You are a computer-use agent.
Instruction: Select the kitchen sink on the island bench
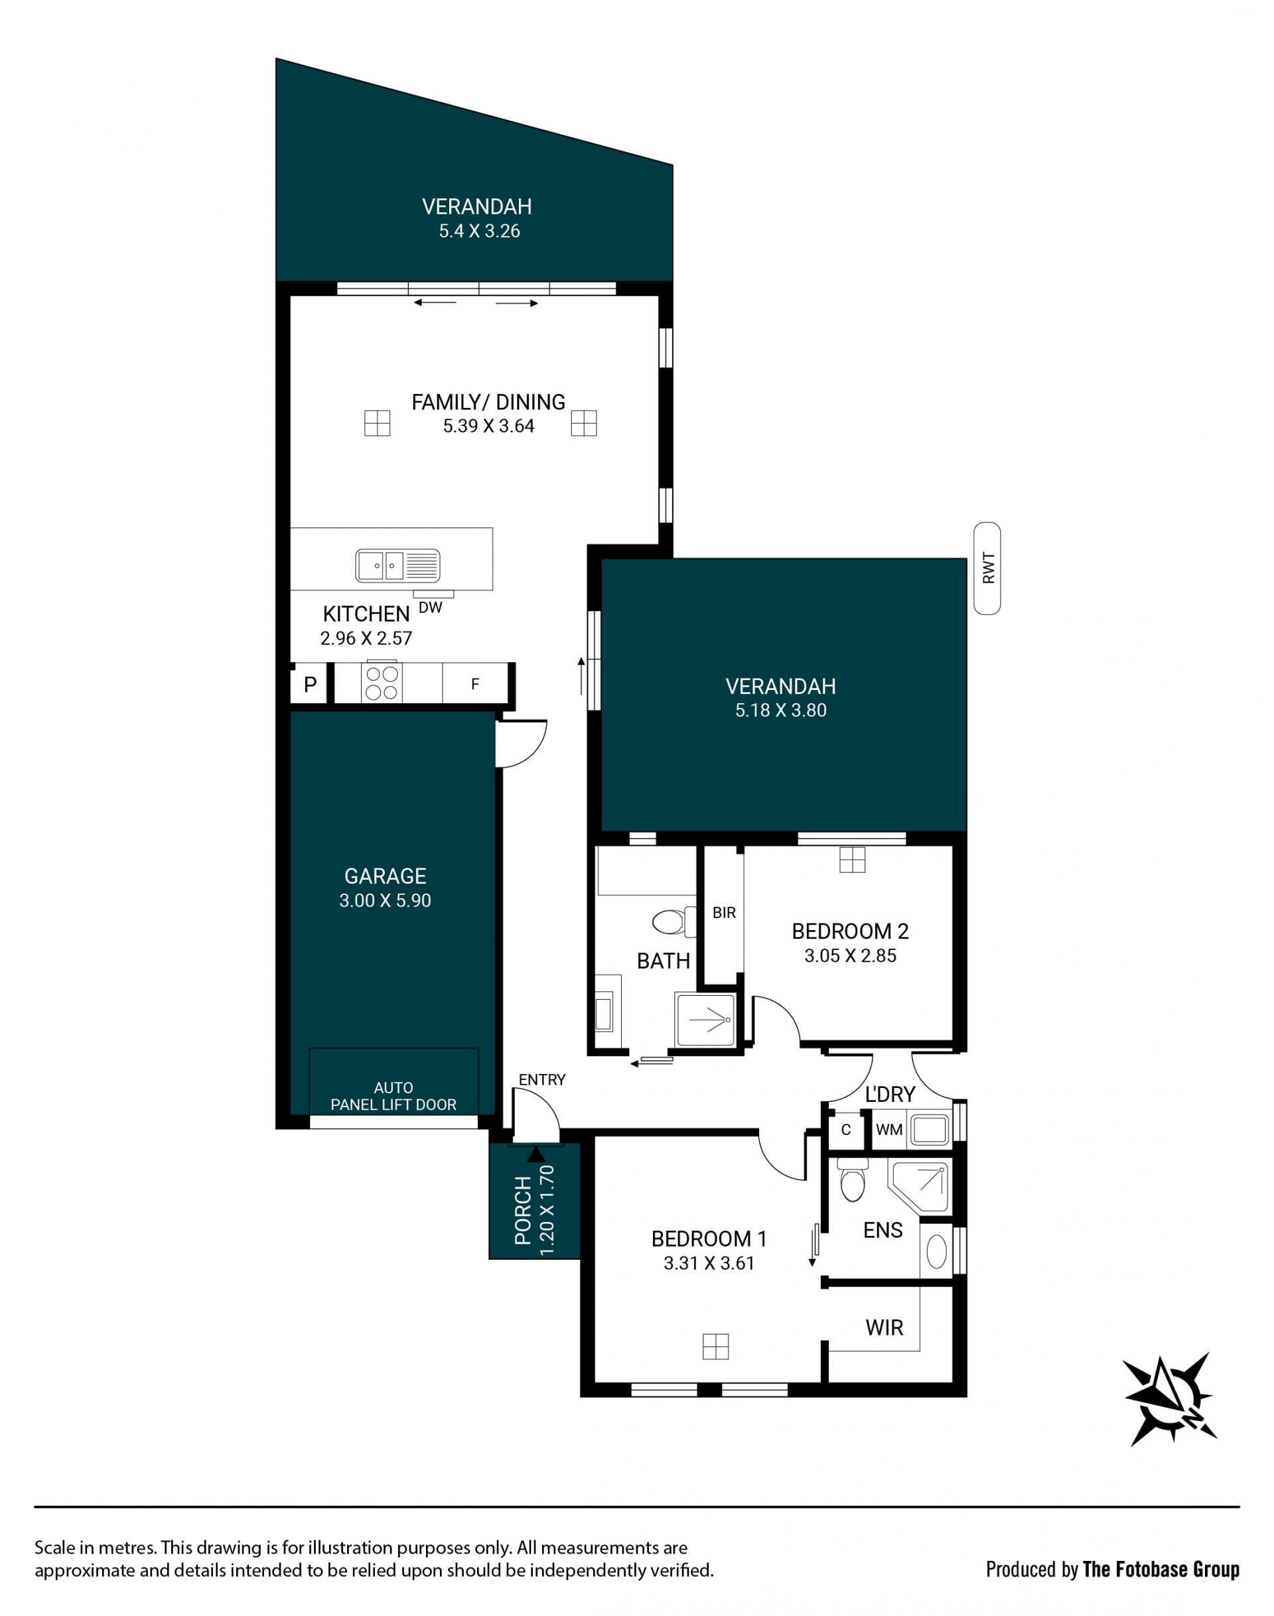pos(397,566)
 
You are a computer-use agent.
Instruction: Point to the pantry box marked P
pos(310,684)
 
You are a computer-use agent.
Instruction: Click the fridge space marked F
pos(475,683)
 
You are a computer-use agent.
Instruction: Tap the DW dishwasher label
pos(431,608)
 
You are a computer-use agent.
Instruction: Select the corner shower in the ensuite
pos(918,1185)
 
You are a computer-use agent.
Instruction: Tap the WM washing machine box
pos(889,1130)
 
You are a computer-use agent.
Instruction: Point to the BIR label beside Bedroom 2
pos(725,913)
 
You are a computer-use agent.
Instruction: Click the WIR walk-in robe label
pos(884,1327)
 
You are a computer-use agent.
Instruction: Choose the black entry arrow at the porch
pos(535,1154)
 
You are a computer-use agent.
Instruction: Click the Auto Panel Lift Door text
pos(393,1096)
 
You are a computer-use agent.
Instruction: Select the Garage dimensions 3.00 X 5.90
pos(385,900)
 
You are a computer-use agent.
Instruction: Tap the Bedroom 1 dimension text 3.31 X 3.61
pos(709,1263)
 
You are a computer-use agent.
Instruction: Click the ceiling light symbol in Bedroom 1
pos(715,1347)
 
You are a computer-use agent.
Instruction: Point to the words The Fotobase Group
pos(1161,1570)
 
